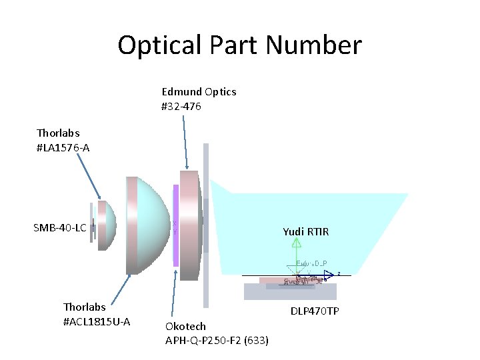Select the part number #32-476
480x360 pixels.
[181, 106]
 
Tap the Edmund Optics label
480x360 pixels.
[199, 92]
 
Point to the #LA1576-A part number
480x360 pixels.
[63, 147]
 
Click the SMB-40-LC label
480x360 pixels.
[59, 228]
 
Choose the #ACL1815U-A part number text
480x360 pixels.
[97, 322]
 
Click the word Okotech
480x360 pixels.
[185, 326]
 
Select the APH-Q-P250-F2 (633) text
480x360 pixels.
[217, 341]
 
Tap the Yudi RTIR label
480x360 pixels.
[306, 232]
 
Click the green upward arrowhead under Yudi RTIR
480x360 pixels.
[297, 243]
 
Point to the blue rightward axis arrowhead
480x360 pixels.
[329, 275]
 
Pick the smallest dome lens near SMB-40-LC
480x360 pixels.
[107, 225]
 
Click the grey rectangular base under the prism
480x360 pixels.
[290, 292]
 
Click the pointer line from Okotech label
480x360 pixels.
[174, 293]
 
